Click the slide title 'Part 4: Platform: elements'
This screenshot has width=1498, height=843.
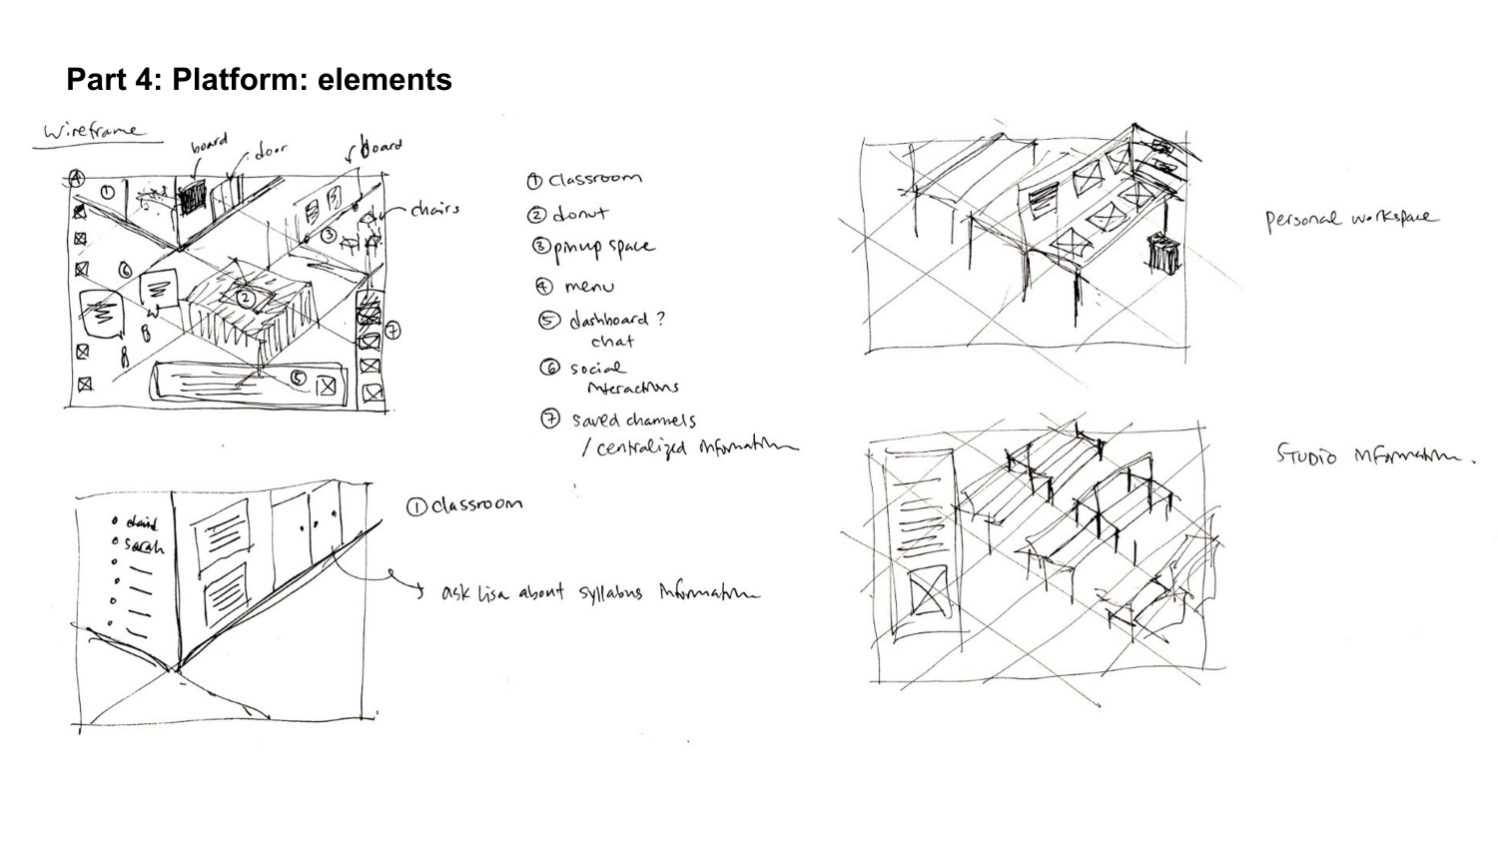click(259, 79)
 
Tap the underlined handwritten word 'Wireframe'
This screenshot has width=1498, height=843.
click(93, 132)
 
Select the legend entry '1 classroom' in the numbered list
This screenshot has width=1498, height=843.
click(585, 179)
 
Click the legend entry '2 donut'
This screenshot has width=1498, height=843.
click(567, 213)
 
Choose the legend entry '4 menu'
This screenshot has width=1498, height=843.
click(575, 287)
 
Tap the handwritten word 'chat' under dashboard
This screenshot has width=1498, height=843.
click(611, 342)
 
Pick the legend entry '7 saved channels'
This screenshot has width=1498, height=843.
click(620, 421)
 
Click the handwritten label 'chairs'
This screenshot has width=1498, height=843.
click(434, 209)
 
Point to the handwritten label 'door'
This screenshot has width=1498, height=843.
click(271, 151)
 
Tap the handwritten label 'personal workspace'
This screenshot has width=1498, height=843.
click(1352, 219)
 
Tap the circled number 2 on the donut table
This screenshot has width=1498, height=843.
click(246, 297)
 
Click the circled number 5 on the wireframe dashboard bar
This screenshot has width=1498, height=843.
click(298, 378)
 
